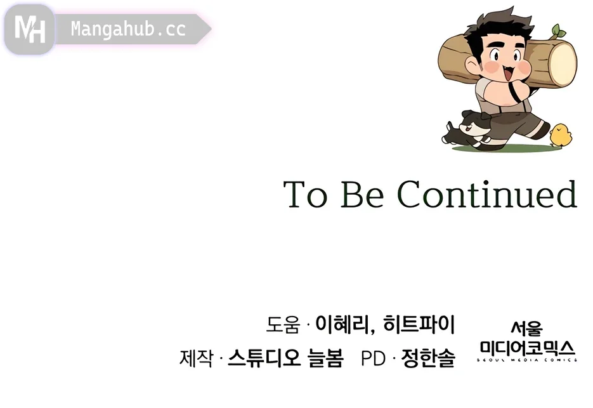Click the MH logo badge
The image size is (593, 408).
(30, 29)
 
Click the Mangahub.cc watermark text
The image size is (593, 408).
(128, 29)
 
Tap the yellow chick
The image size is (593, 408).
(561, 135)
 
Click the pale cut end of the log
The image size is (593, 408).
(563, 64)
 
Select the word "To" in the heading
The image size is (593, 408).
(305, 194)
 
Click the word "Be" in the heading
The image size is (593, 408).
(362, 194)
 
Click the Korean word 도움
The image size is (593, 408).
(283, 324)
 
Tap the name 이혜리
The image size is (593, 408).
(343, 324)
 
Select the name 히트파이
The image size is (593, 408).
(419, 324)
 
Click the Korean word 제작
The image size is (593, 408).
(196, 358)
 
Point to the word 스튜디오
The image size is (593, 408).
(264, 358)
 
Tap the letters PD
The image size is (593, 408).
(374, 359)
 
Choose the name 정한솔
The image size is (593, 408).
(428, 358)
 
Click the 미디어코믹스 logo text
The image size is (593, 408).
(528, 348)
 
